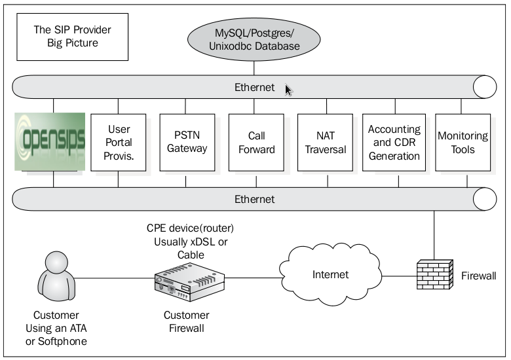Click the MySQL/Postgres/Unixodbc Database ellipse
click(x=255, y=37)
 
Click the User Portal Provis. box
click(x=119, y=142)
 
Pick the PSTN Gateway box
click(x=187, y=142)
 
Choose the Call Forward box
click(x=256, y=142)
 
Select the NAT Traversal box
click(x=325, y=142)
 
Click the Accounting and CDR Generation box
click(x=394, y=142)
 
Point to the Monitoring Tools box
click(x=462, y=142)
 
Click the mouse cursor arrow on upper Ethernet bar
click(x=288, y=90)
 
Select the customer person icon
click(x=55, y=278)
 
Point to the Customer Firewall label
click(x=187, y=321)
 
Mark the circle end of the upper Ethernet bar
click(x=485, y=88)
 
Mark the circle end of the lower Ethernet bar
click(x=485, y=199)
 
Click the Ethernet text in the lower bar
click(x=255, y=199)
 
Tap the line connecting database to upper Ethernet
click(x=255, y=66)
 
